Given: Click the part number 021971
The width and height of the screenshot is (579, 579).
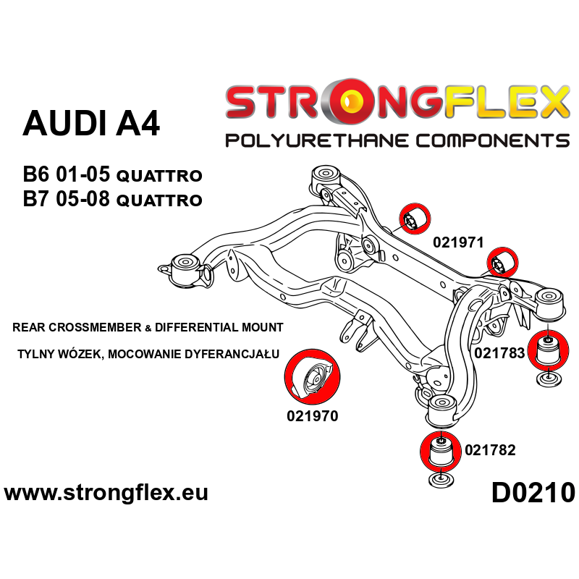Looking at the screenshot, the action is pyautogui.click(x=458, y=242).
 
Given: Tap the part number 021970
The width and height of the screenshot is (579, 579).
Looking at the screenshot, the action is pyautogui.click(x=313, y=416).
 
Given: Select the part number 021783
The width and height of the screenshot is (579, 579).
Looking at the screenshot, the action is pyautogui.click(x=499, y=353).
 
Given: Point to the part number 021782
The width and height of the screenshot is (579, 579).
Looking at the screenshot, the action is pyautogui.click(x=490, y=450).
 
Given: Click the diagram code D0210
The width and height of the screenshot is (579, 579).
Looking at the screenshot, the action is pyautogui.click(x=533, y=494).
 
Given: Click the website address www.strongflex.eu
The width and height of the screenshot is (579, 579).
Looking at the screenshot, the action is pyautogui.click(x=106, y=493).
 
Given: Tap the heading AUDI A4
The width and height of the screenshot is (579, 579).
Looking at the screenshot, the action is pyautogui.click(x=91, y=123).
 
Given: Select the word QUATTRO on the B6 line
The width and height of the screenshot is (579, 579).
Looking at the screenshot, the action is pyautogui.click(x=159, y=176).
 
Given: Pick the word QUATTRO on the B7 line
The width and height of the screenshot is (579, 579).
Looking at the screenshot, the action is pyautogui.click(x=159, y=200).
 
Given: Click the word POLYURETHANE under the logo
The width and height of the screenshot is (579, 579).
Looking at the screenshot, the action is pyautogui.click(x=317, y=140).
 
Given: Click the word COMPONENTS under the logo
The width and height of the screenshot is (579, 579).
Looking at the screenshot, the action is pyautogui.click(x=493, y=140).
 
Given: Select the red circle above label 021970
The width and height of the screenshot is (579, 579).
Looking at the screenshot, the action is pyautogui.click(x=313, y=376).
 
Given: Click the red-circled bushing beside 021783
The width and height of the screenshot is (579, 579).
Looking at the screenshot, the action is pyautogui.click(x=549, y=349).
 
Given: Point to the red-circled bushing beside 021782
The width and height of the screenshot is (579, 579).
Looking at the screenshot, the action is pyautogui.click(x=441, y=451).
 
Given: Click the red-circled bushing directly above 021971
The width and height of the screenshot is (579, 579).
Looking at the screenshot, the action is pyautogui.click(x=415, y=219).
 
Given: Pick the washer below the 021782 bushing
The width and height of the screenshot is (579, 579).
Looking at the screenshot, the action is pyautogui.click(x=441, y=480).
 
